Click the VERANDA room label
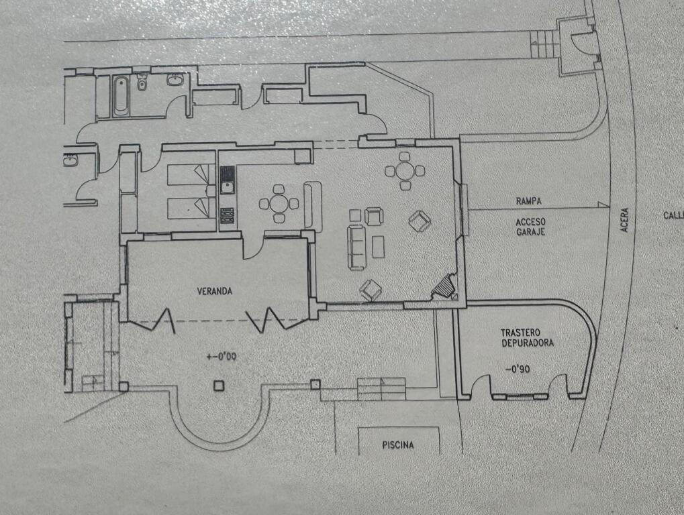(x=215, y=291)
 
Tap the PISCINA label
(x=398, y=445)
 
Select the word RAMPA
(x=529, y=201)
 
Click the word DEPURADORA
(x=528, y=343)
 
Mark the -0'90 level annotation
(x=518, y=369)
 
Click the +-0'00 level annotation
(x=222, y=357)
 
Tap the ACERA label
(x=625, y=219)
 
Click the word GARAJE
(x=530, y=232)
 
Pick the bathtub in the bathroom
(x=121, y=96)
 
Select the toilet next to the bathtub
(x=142, y=82)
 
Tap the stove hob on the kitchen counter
(x=227, y=215)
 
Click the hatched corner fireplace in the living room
(x=444, y=286)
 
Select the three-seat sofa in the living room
(x=356, y=247)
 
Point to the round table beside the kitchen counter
(x=279, y=203)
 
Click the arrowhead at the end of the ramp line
(x=603, y=205)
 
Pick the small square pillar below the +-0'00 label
(x=219, y=386)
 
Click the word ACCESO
(x=530, y=222)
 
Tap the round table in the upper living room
(x=405, y=170)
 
